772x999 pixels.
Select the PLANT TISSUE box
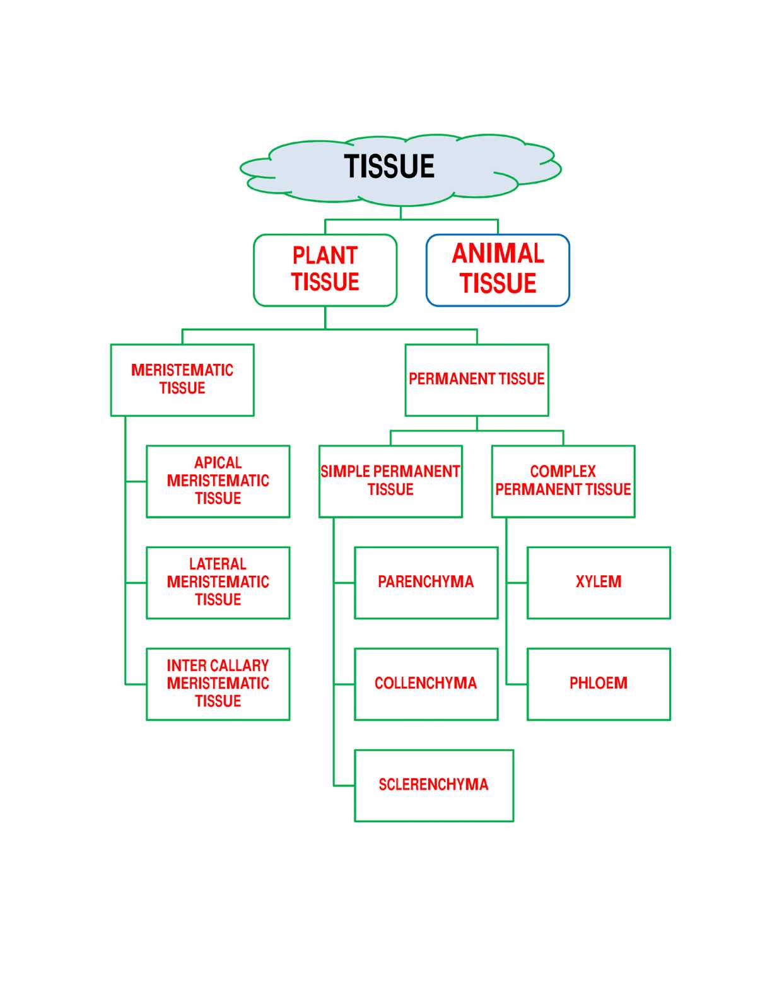[325, 270]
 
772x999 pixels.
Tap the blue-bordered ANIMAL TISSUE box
[498, 270]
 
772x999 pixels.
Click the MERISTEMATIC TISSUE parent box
[182, 380]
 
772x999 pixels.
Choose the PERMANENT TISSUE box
[476, 380]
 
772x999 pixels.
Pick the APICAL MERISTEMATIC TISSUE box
[218, 481]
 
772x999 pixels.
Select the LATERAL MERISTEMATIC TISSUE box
[218, 582]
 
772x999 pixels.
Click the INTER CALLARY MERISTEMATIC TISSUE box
[218, 684]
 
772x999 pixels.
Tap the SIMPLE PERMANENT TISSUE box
[390, 481]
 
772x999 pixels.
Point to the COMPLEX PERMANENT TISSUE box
[563, 481]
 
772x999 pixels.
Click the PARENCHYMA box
[426, 582]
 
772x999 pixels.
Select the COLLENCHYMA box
[426, 684]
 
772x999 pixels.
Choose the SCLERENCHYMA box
[433, 785]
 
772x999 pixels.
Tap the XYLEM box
[599, 582]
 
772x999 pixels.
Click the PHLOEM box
[599, 684]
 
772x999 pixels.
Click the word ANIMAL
[498, 254]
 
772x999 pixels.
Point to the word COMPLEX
[563, 472]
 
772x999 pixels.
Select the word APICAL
[218, 463]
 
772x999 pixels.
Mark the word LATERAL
[218, 564]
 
